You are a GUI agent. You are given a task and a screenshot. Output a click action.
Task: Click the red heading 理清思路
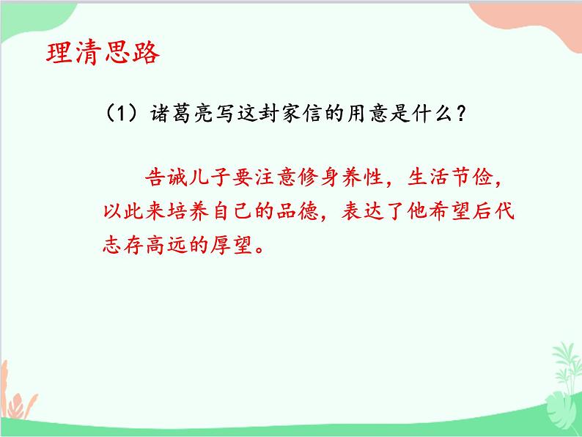(101, 54)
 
